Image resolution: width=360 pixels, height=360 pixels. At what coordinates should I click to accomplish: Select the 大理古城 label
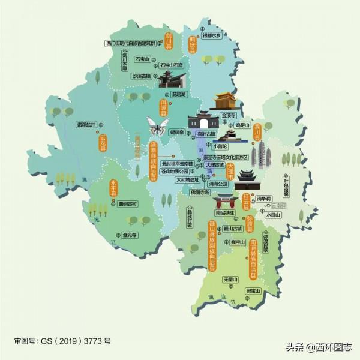coord(214,164)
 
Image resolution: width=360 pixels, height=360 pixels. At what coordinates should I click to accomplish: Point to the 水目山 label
coord(274,214)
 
